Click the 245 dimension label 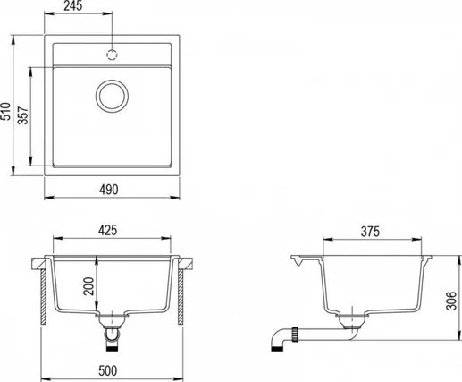pyautogui.click(x=73, y=6)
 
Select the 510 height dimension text pyautogui.click(x=5, y=111)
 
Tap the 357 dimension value pyautogui.click(x=23, y=115)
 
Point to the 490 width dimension pyautogui.click(x=109, y=190)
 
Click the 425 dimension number pyautogui.click(x=108, y=230)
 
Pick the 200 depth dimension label pyautogui.click(x=88, y=286)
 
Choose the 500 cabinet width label pyautogui.click(x=108, y=370)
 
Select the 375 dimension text pyautogui.click(x=370, y=232)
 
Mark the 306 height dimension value pyautogui.click(x=451, y=301)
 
